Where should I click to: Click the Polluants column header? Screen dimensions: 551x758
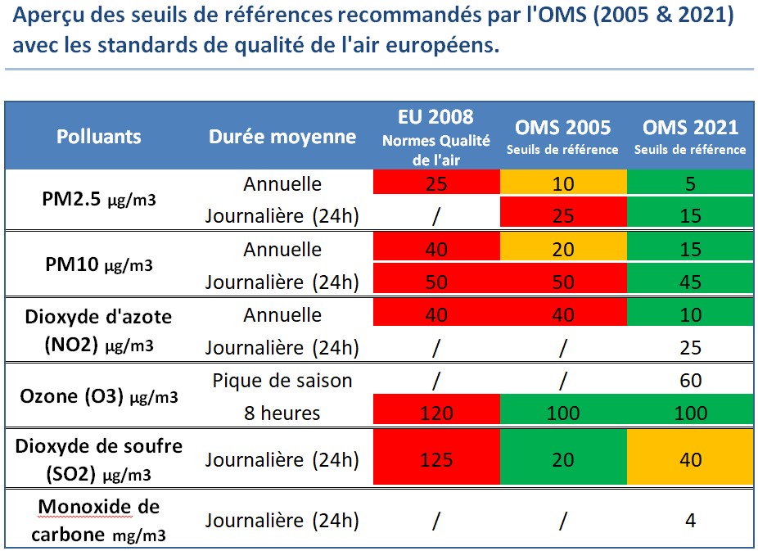coord(98,137)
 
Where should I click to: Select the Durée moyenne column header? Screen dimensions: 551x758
coord(282,137)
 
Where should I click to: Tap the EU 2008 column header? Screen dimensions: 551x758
coord(435,136)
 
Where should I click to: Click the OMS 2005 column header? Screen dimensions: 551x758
coord(562,136)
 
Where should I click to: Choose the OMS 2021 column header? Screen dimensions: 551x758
coord(690,136)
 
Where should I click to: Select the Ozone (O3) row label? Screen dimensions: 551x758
coord(98,396)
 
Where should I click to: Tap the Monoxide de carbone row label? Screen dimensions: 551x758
coord(98,521)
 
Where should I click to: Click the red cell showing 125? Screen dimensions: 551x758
coord(435,459)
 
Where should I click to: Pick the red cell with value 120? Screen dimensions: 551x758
coord(435,413)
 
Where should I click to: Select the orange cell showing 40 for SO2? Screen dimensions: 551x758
coord(690,459)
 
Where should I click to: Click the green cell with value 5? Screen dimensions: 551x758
coord(690,183)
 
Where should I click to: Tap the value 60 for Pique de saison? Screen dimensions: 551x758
coord(690,381)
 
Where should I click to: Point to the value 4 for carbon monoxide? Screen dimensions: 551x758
coord(690,521)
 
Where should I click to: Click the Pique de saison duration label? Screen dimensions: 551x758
coord(282,381)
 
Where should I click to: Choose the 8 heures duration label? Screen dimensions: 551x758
coord(282,413)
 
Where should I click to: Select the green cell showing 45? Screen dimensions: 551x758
coord(690,282)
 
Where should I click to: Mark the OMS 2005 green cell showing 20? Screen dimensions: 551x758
coord(562,459)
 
